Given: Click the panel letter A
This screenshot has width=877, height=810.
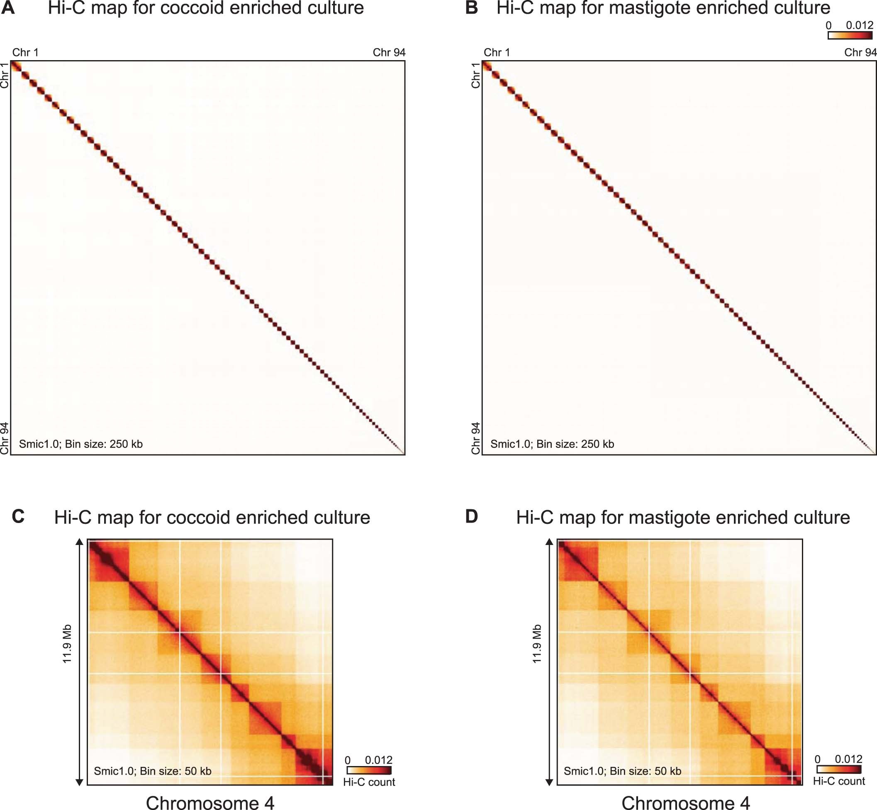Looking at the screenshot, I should point(8,8).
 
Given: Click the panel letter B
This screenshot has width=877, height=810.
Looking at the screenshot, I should point(471,8).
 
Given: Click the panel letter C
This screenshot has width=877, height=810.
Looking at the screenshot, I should point(18,517).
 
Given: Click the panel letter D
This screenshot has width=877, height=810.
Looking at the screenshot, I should point(471,517).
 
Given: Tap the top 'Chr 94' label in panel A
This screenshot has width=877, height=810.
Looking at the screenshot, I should point(389,53).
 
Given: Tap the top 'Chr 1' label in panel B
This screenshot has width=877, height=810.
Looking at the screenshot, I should point(497,53).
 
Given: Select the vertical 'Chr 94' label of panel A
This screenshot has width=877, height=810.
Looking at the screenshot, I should point(5,438).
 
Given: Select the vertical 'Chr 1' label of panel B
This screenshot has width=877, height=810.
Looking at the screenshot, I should point(476,75).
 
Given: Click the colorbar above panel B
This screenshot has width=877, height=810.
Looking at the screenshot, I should point(850,36).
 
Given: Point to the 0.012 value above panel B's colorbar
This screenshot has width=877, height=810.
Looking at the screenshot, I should point(860,25).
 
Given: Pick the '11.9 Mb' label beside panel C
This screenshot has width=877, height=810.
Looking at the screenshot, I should point(67,644).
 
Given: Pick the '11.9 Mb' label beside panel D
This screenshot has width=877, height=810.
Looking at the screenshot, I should point(537,644).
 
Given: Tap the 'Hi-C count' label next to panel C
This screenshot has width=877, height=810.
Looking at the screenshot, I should point(369,782).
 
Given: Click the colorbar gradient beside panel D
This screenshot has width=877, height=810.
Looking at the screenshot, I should point(839,769).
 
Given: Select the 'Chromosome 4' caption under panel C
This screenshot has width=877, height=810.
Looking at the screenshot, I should point(210,803).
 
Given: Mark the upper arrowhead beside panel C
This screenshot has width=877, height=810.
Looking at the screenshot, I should point(79,542).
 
